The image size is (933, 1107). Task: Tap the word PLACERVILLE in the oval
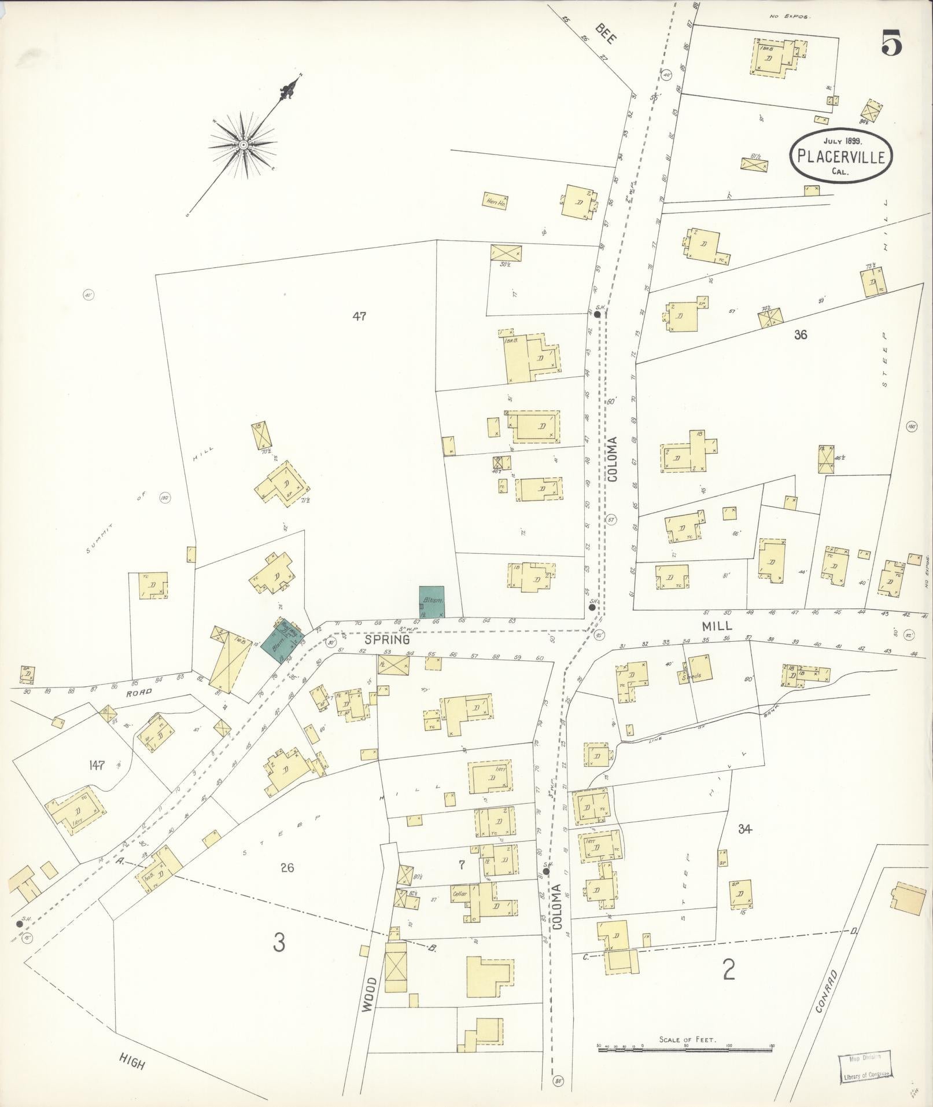click(841, 156)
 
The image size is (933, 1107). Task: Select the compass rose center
click(244, 144)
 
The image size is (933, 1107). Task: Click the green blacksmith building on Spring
click(432, 602)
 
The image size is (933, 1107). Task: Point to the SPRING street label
click(388, 641)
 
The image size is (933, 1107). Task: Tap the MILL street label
click(717, 626)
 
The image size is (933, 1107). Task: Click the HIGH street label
click(132, 1061)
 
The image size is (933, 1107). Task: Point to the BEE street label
click(607, 36)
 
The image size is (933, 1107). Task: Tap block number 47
click(359, 316)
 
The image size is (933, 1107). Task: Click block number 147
click(96, 765)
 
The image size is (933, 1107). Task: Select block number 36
click(801, 334)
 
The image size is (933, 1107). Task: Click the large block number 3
click(279, 944)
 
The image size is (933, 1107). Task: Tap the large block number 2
click(729, 969)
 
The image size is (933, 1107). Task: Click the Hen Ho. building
click(495, 200)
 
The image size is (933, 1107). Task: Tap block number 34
click(744, 829)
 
